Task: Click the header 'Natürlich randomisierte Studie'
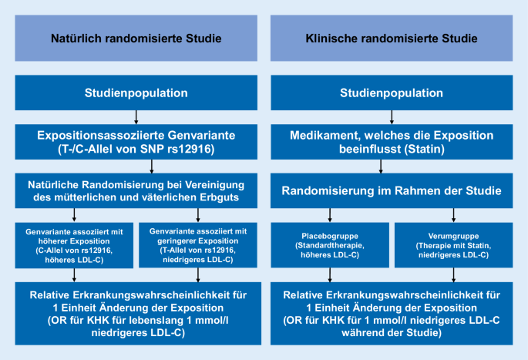coord(136,38)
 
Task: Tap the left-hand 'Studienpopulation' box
coord(136,93)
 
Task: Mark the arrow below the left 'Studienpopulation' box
coord(136,116)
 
